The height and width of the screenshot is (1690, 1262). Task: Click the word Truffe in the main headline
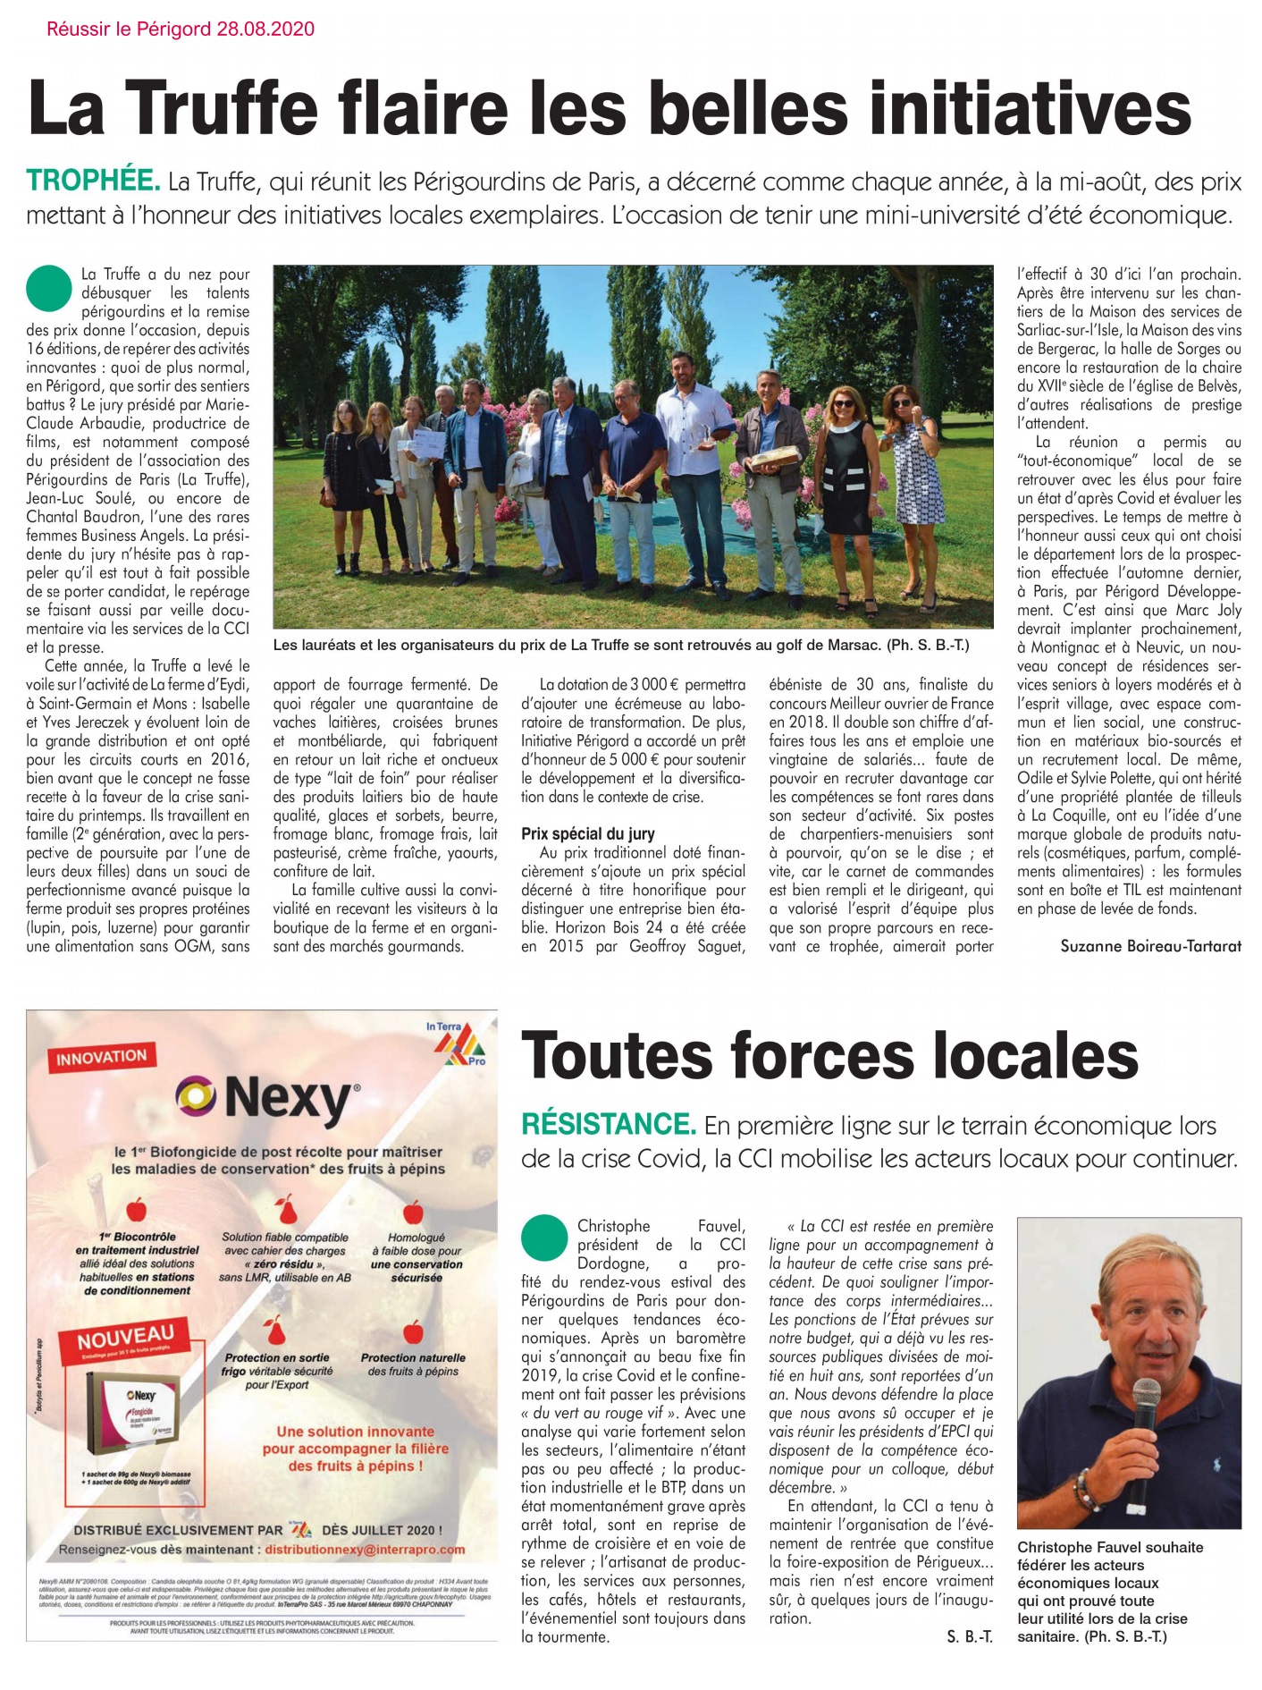230,109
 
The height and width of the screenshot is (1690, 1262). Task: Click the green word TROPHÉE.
93,182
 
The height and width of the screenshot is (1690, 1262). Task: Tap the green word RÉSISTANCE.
608,1125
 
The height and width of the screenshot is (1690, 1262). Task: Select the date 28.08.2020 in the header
265,29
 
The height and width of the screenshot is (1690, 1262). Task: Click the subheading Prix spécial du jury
588,833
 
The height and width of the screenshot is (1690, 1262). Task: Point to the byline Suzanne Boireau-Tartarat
1150,946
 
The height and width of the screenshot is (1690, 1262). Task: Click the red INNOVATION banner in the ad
101,1058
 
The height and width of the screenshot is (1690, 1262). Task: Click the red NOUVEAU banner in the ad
125,1339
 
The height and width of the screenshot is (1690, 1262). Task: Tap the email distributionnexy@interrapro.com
365,1549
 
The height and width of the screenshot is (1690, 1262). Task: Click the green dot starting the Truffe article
49,287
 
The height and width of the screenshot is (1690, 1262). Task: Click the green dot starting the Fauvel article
544,1238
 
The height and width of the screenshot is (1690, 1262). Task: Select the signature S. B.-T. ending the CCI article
969,1637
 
